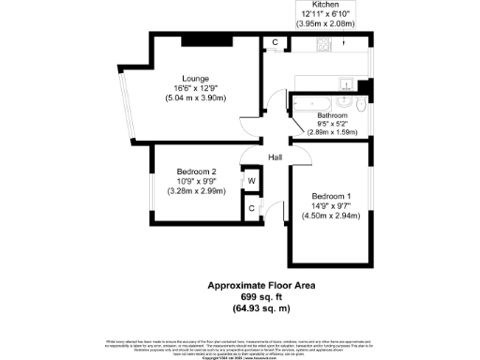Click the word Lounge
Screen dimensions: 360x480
(x=196, y=78)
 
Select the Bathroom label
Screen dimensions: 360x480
(x=332, y=115)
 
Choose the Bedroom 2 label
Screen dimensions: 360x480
(x=197, y=172)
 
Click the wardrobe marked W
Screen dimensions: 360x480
(x=251, y=181)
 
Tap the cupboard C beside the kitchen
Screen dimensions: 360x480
(x=275, y=43)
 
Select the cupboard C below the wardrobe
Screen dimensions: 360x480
(x=251, y=209)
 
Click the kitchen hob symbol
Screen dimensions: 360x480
(x=324, y=44)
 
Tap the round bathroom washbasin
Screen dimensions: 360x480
(x=346, y=98)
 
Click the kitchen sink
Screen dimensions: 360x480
(x=344, y=80)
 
